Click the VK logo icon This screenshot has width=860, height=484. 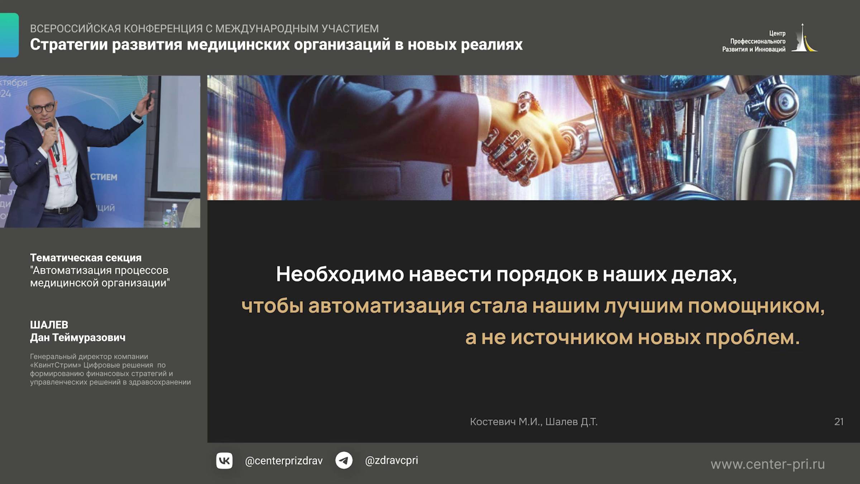click(224, 461)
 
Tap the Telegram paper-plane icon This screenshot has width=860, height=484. click(344, 461)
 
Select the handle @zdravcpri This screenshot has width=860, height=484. click(391, 460)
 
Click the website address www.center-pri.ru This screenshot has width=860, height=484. click(768, 465)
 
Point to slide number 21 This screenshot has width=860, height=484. click(838, 422)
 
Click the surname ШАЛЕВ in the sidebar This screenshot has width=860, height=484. click(49, 325)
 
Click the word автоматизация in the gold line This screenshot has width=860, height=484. click(386, 306)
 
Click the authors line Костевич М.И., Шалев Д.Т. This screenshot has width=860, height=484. click(534, 422)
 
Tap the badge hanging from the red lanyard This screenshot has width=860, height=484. click(64, 178)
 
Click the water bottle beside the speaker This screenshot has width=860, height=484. click(174, 215)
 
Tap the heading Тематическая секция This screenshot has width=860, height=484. click(86, 258)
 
